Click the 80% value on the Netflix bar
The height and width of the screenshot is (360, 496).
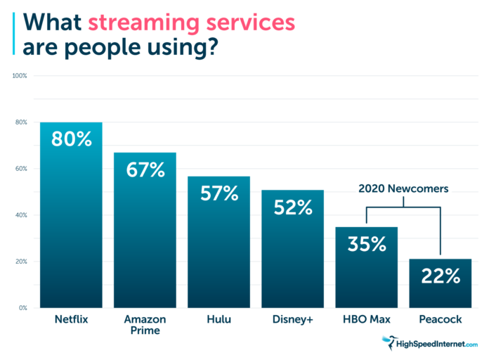coord(71,139)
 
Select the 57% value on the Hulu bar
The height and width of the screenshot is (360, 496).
coord(219,193)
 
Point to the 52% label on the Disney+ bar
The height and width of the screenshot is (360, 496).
coord(294,207)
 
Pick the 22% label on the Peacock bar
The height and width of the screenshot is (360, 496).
coord(441,276)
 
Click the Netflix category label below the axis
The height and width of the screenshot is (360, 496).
coord(71,320)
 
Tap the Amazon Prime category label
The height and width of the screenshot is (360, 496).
coord(145,326)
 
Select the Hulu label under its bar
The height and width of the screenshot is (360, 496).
coord(219,320)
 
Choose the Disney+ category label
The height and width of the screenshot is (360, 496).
coord(294,320)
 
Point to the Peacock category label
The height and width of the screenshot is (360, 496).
coord(441,320)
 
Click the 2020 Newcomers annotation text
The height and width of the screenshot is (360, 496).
coord(403,188)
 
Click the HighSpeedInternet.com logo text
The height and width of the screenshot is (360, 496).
coord(438,344)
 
